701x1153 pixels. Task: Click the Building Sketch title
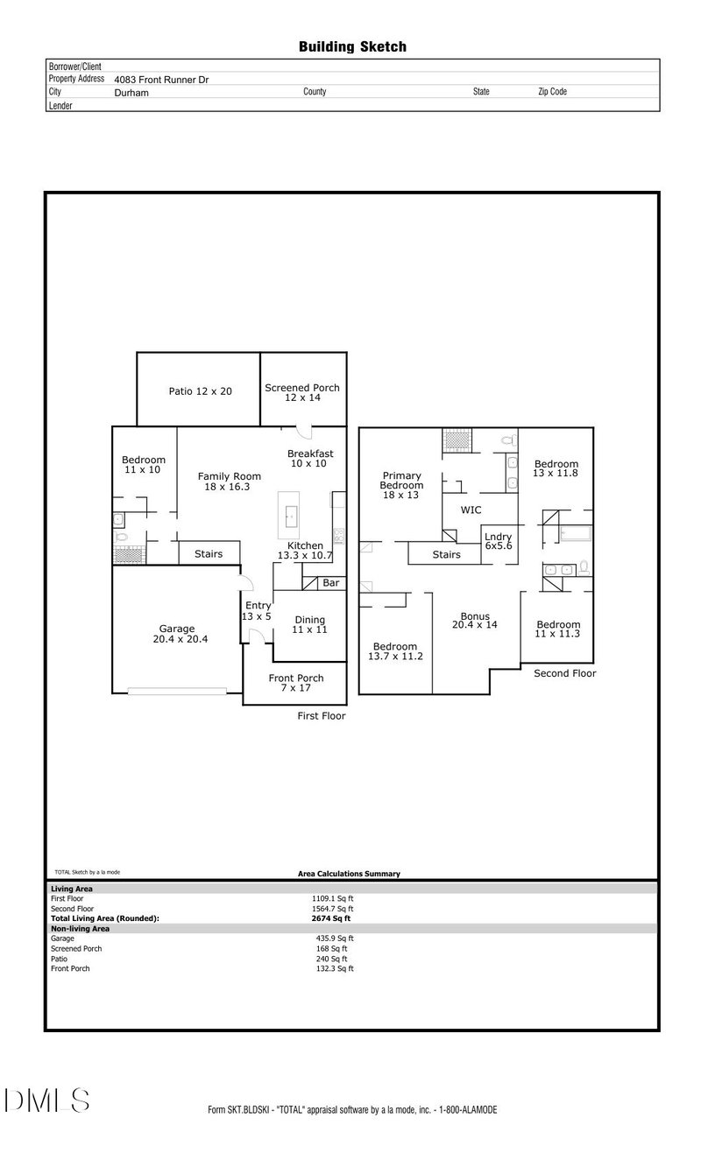pos(352,47)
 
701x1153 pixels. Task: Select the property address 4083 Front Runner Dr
pos(161,79)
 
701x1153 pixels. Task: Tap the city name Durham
pos(131,92)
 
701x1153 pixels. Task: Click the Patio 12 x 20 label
pos(200,391)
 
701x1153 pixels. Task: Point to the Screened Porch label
pos(302,392)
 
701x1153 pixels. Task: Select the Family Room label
pos(229,481)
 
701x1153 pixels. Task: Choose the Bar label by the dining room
pos(330,582)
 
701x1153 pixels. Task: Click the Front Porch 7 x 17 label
pos(296,683)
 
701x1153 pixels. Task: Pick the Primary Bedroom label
pos(401,485)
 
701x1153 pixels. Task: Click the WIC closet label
pos(471,510)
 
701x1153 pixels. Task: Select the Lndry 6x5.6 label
pos(498,541)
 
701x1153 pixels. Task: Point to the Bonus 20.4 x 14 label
pos(475,620)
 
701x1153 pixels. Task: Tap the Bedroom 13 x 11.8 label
pos(556,468)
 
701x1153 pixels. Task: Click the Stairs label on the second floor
pos(447,554)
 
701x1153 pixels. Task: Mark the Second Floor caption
pos(565,673)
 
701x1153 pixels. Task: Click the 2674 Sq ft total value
pos(330,918)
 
